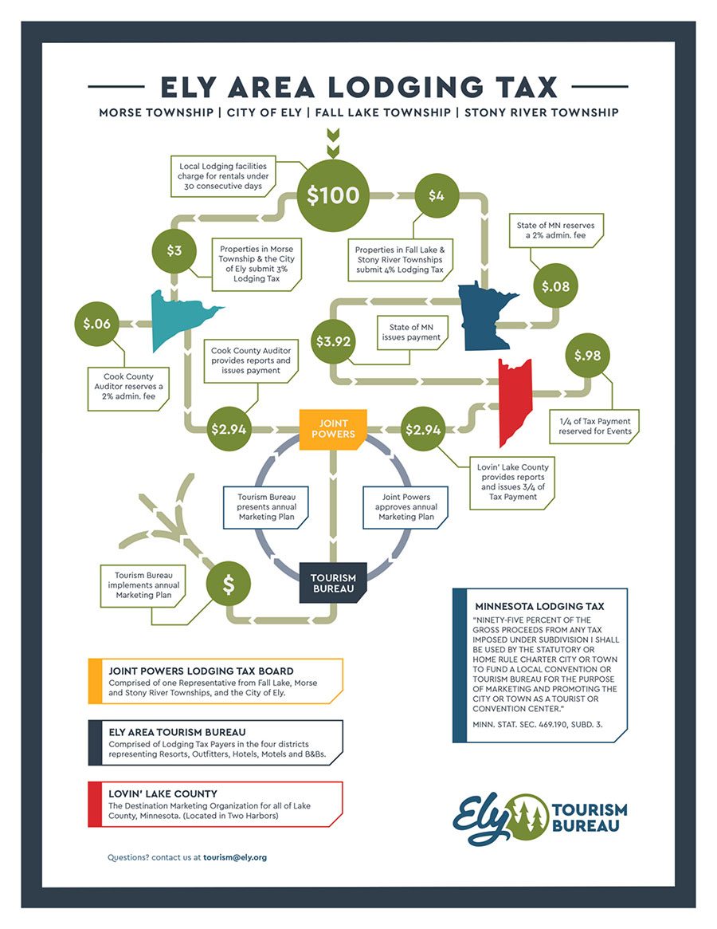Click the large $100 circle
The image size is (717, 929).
pos(333,195)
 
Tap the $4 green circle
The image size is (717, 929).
pos(436,195)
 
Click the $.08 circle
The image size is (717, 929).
pos(556,285)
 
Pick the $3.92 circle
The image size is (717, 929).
pos(333,341)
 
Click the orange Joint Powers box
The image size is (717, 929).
pos(327,429)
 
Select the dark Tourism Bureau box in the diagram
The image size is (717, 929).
pos(333,583)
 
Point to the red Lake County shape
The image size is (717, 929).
pos(513,399)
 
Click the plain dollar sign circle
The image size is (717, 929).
pos(228,585)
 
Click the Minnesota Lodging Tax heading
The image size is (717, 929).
pos(539,606)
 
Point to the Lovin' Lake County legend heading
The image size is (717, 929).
pos(163,794)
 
